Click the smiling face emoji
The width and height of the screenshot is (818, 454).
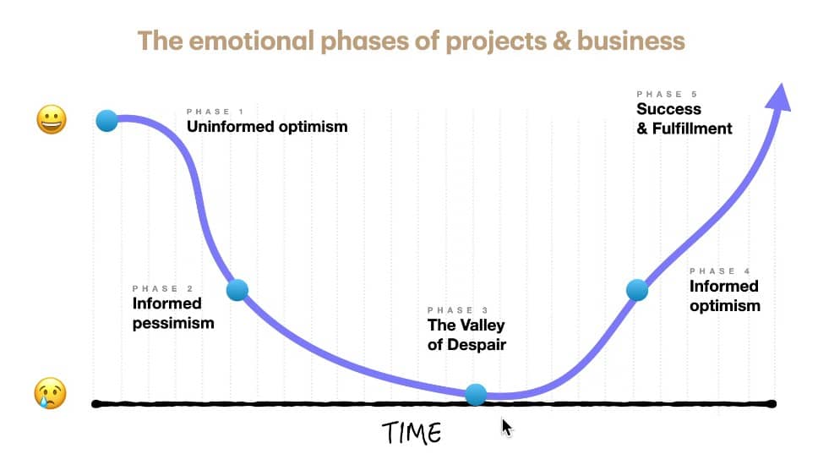52,119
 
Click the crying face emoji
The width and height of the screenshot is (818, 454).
50,392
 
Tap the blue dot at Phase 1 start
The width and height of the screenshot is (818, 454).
107,121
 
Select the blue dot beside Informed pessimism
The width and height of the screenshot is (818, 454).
237,290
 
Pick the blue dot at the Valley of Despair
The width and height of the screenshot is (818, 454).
476,395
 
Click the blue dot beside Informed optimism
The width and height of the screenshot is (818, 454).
637,290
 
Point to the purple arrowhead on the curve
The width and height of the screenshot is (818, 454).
779,97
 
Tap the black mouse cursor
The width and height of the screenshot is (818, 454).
507,428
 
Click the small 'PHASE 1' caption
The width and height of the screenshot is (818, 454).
215,112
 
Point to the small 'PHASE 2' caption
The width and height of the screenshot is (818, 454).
163,288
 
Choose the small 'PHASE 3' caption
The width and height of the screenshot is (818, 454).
458,310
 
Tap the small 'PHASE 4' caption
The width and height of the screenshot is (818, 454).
720,271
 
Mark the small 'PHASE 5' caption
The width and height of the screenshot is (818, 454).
667,95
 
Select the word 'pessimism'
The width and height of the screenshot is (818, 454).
173,324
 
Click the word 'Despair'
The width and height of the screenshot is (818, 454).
477,345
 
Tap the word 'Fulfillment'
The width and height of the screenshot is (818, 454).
692,129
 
